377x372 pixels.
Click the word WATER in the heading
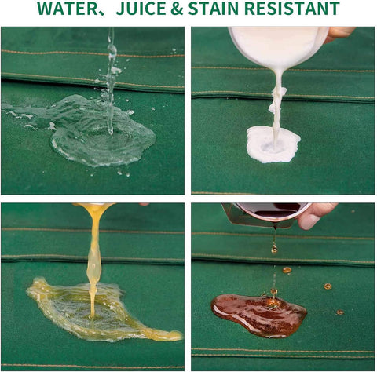point(68,9)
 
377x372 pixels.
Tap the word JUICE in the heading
point(141,9)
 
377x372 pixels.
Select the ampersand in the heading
point(177,9)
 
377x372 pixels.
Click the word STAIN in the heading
point(214,9)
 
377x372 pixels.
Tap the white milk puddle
point(273,144)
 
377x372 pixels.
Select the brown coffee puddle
point(258,315)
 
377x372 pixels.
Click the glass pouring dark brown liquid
point(265,214)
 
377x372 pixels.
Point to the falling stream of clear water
point(112,81)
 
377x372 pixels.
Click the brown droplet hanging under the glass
point(274,249)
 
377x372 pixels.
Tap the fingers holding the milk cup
point(339,34)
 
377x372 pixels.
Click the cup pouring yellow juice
point(94,206)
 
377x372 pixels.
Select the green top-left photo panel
point(93,111)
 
